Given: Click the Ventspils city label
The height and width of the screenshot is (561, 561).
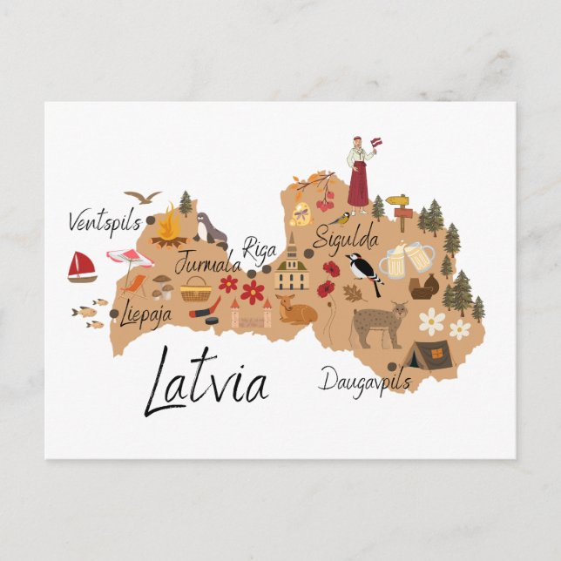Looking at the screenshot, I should [104, 222].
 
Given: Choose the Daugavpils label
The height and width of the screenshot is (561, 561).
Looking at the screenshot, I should [364, 381].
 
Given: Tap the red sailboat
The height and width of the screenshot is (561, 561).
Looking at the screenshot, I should [82, 267].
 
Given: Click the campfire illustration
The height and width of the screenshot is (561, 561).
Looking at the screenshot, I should [168, 230].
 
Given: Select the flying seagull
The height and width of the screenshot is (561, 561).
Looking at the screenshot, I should [142, 197].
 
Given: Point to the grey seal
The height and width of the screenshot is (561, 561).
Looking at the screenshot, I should [211, 229].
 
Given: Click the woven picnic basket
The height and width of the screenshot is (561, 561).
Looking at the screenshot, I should [196, 289].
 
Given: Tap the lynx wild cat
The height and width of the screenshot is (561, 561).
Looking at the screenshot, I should [378, 325].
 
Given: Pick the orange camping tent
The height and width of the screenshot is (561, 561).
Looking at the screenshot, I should [429, 355].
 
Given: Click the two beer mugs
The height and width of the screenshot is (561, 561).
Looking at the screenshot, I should [406, 259].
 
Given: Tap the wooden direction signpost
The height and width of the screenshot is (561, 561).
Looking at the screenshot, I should [400, 207].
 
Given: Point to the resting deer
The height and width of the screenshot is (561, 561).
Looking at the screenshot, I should [296, 309].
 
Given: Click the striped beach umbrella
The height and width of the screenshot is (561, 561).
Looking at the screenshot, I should [130, 260].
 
